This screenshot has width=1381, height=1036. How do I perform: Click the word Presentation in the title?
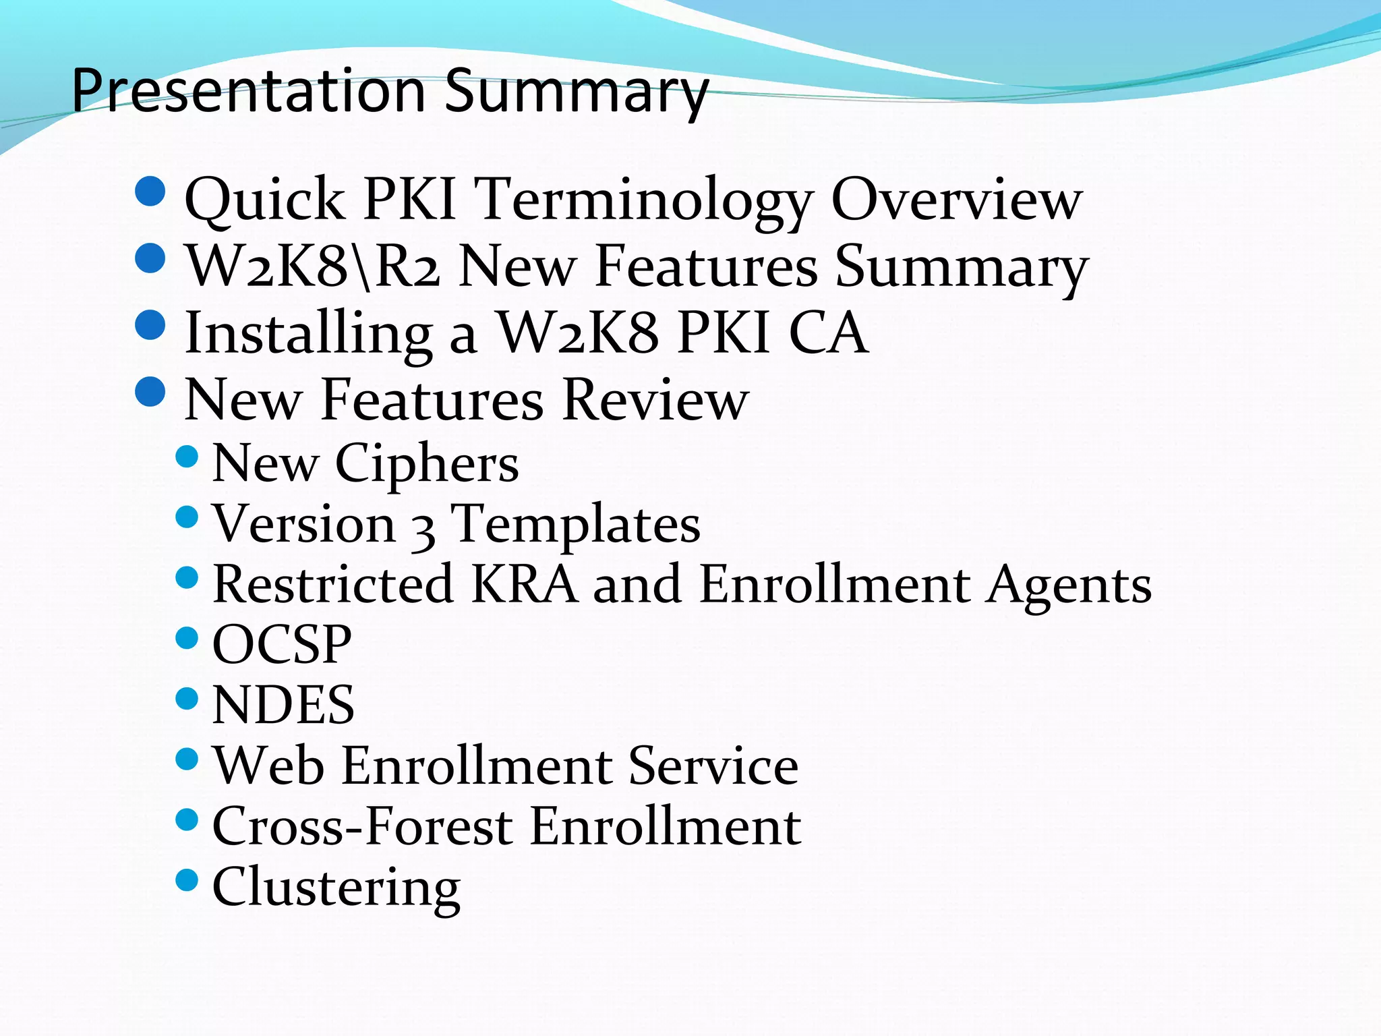pyautogui.click(x=248, y=91)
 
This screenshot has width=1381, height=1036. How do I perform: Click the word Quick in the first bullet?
pyautogui.click(x=264, y=200)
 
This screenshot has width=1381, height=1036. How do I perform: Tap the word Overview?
pyautogui.click(x=956, y=200)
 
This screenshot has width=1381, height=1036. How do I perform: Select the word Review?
pyautogui.click(x=655, y=400)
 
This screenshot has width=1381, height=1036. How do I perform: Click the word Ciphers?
pyautogui.click(x=427, y=465)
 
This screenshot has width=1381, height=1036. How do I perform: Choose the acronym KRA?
pyautogui.click(x=524, y=584)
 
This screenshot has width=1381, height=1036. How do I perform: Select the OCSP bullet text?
pyautogui.click(x=282, y=645)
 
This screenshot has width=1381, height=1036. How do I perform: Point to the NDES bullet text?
pyautogui.click(x=283, y=705)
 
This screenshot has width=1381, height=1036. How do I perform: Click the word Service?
pyautogui.click(x=713, y=766)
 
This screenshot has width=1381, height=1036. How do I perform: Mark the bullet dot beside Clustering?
pyautogui.click(x=187, y=880)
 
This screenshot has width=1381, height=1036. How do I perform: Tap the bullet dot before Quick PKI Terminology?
pyautogui.click(x=150, y=191)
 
